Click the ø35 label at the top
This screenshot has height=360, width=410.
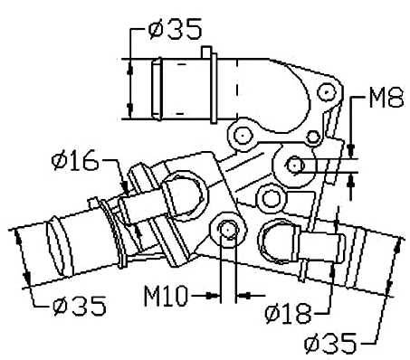(x=175, y=29)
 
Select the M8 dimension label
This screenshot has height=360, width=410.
(x=386, y=98)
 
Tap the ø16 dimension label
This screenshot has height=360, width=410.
(x=75, y=160)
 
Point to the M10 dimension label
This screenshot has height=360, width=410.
(x=166, y=296)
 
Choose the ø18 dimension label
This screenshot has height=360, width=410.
(x=288, y=313)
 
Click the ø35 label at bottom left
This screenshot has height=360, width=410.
(x=80, y=306)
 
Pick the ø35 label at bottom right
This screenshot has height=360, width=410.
(x=330, y=344)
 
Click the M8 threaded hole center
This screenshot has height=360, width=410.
(x=294, y=166)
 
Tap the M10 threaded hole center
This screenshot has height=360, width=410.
(x=227, y=231)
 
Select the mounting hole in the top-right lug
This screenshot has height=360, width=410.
(x=327, y=91)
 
